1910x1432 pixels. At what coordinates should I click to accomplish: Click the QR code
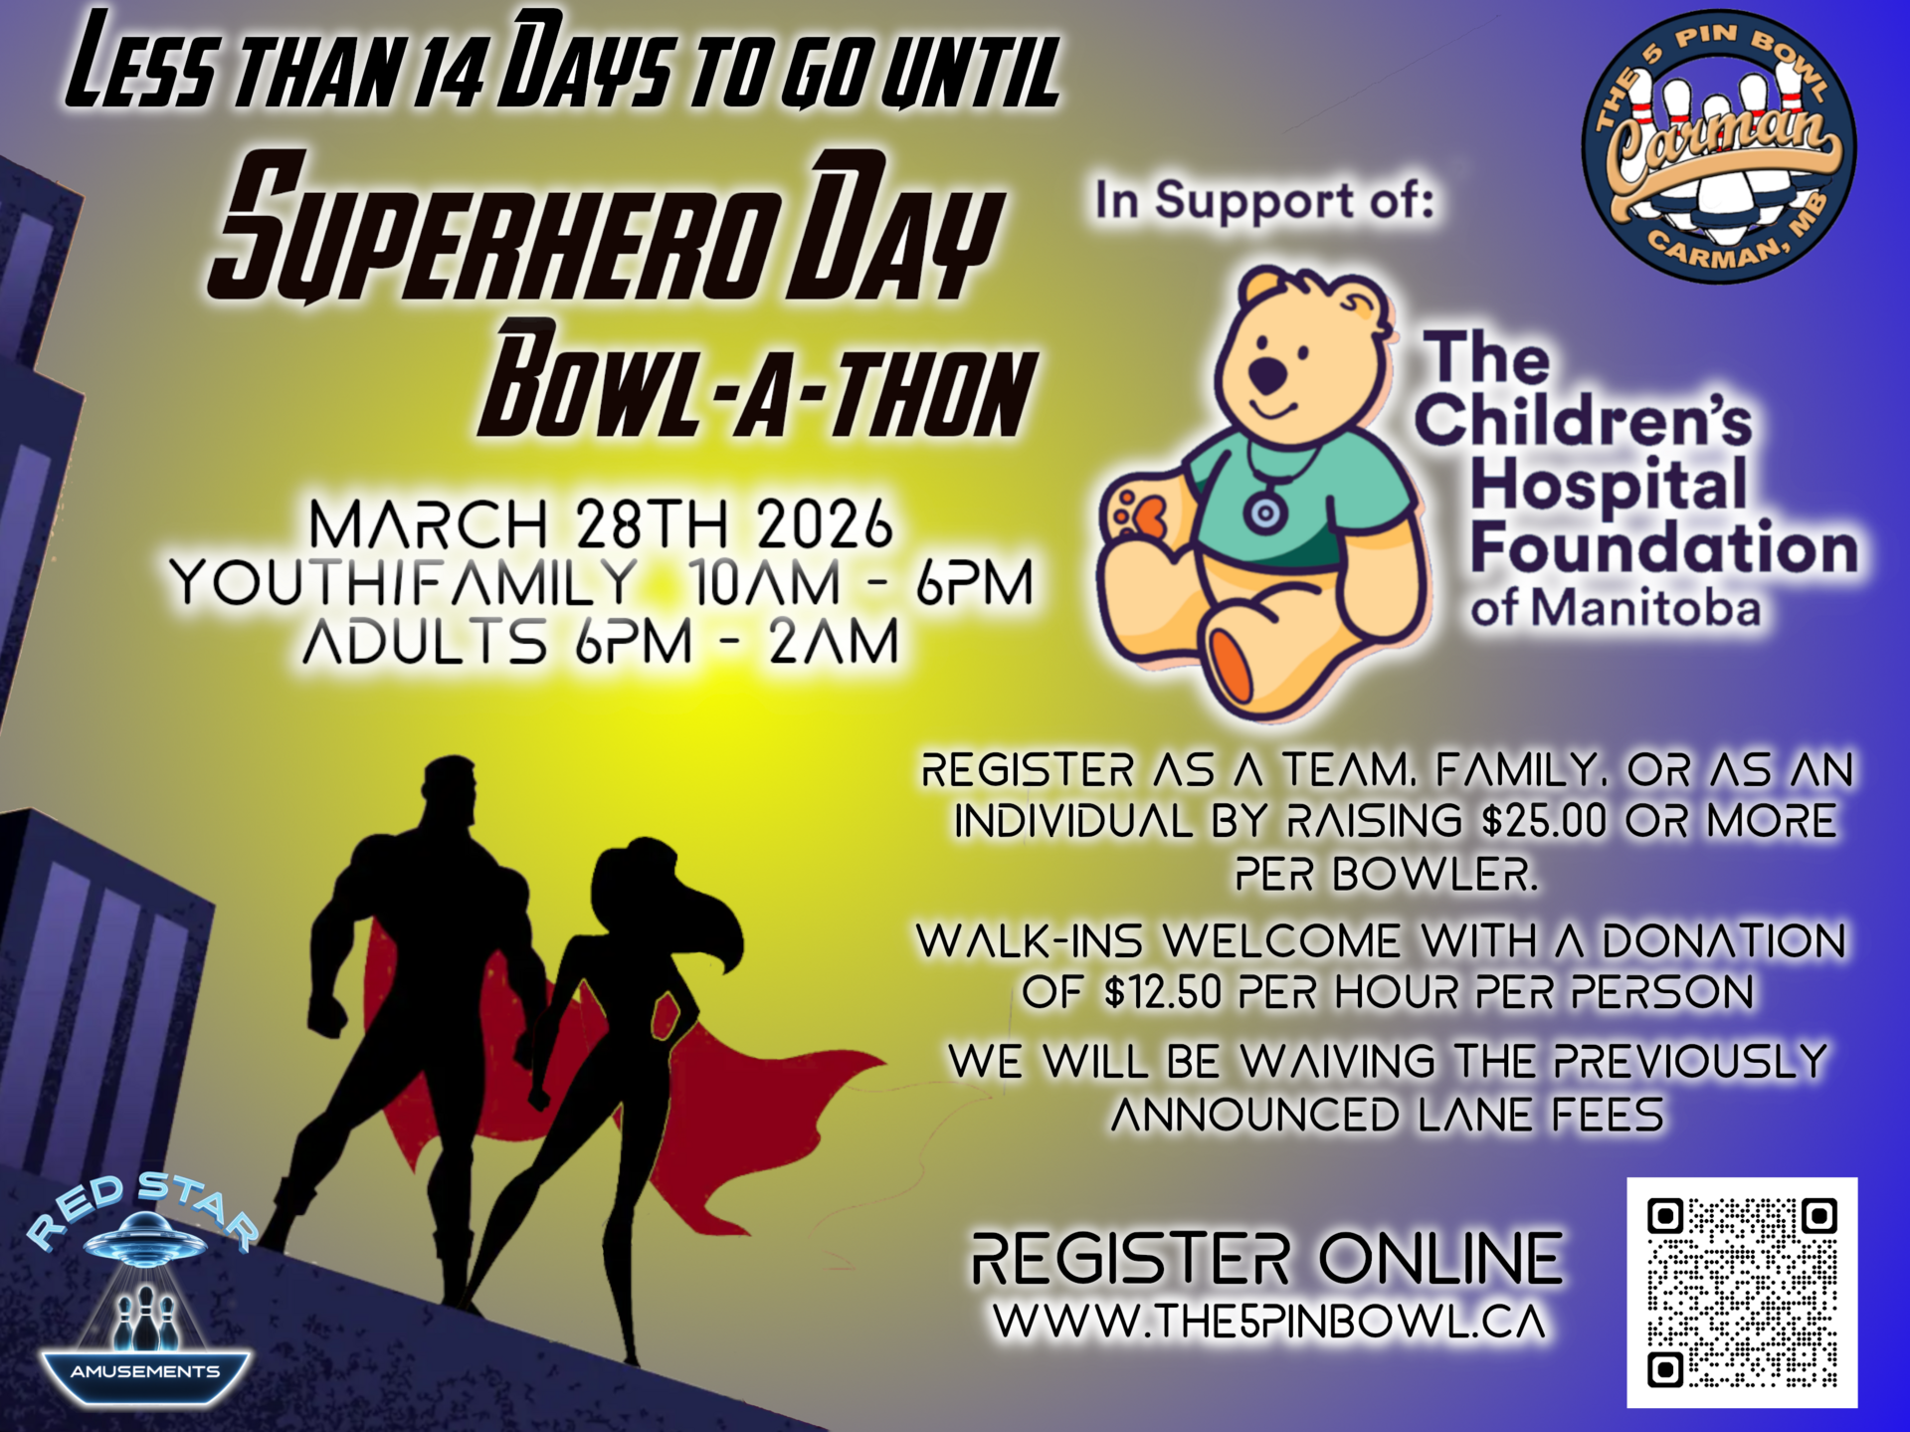point(1742,1292)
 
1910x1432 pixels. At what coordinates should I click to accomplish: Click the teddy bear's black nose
point(1266,375)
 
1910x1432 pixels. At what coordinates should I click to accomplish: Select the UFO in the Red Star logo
point(145,1237)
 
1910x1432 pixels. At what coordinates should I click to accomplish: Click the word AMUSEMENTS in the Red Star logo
point(145,1371)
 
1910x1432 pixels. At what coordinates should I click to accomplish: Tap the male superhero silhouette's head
point(450,795)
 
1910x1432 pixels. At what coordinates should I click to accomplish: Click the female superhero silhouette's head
point(632,881)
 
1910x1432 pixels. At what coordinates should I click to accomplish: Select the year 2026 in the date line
point(824,524)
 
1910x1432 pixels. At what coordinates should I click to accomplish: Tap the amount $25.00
point(1543,822)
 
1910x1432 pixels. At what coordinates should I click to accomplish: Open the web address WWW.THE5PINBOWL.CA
point(1270,1322)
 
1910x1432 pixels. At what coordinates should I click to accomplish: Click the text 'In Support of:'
point(1264,200)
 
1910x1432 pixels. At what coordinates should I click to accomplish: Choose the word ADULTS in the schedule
point(425,642)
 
